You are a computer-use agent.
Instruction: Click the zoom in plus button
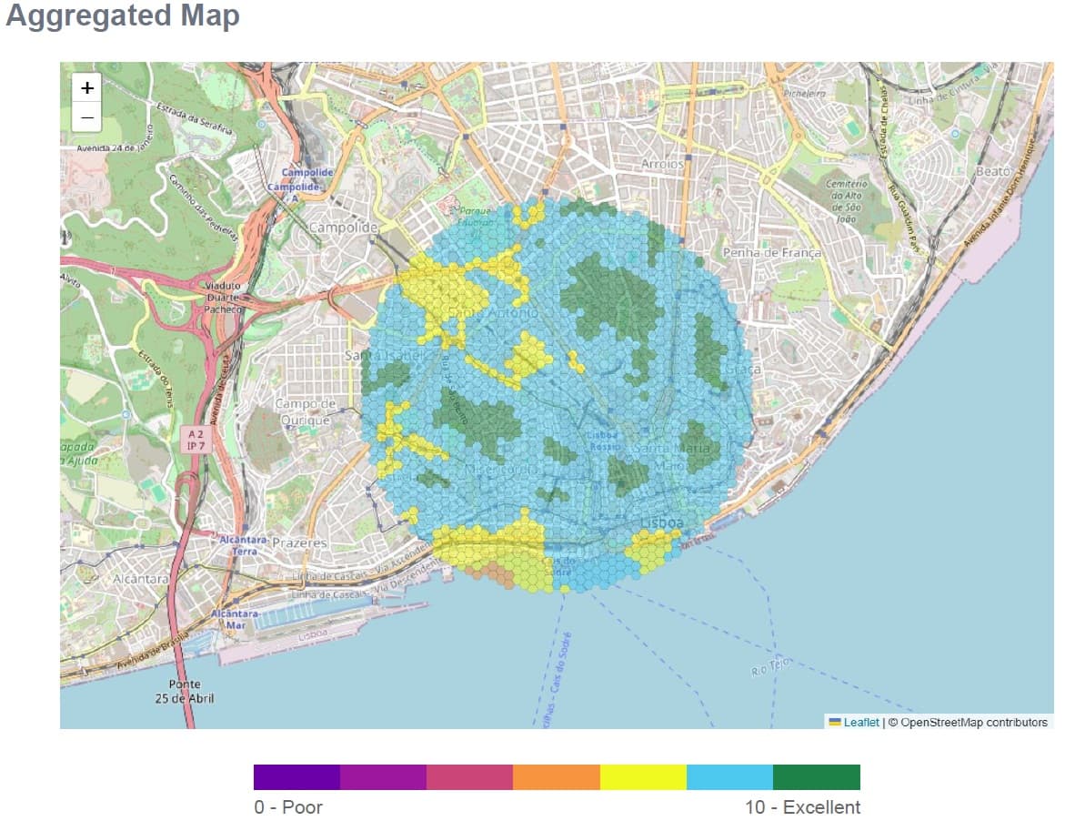86,88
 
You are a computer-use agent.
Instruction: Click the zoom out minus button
86,117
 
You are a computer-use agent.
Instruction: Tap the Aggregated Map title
123,16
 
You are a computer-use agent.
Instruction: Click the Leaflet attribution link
860,723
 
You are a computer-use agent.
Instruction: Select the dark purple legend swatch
296,777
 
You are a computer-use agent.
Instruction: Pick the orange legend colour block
557,777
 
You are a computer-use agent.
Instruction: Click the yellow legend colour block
643,777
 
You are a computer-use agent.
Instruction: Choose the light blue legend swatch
729,777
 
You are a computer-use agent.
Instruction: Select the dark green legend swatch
816,777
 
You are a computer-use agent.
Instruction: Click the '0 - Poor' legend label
288,807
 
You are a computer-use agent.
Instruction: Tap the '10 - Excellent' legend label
802,807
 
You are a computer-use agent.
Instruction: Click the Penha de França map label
771,252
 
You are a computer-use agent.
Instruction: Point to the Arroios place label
662,164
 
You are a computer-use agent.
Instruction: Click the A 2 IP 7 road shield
196,441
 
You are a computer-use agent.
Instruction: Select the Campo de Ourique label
305,411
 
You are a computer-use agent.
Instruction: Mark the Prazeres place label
299,542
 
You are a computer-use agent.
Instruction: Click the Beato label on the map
992,171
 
